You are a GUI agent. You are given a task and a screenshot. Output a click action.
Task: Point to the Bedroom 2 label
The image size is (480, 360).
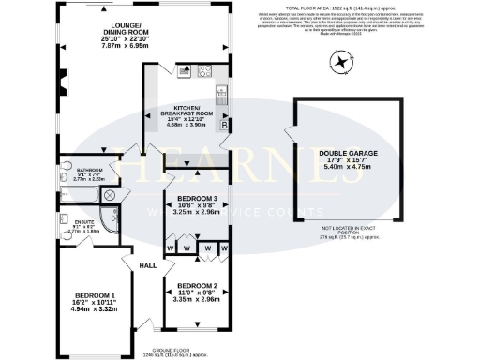(197, 291)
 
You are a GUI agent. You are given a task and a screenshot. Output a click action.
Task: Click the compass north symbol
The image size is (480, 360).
(338, 64)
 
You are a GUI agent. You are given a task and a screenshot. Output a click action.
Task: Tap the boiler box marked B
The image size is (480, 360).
(223, 124)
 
